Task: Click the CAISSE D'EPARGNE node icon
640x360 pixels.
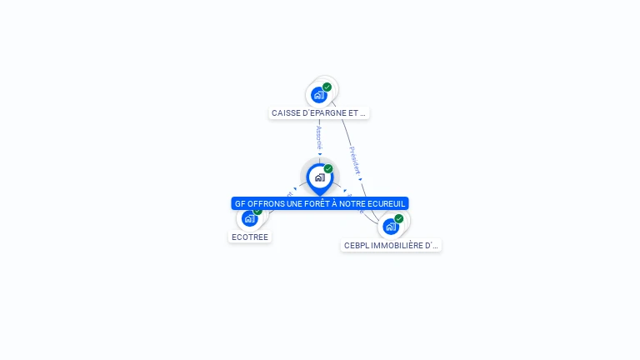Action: (318, 95)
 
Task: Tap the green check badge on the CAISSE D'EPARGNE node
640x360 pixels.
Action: (327, 87)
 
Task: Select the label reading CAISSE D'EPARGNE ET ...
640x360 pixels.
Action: (319, 112)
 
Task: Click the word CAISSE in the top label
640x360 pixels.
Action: (285, 112)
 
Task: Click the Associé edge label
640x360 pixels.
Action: (319, 137)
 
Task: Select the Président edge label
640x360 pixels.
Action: (354, 160)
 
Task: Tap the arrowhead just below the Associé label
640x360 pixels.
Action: (319, 154)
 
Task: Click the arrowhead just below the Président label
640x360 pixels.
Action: (360, 178)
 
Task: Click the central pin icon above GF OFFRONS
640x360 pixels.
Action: (319, 177)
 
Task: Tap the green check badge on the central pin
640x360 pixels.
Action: (328, 168)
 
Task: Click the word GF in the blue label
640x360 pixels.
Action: (240, 203)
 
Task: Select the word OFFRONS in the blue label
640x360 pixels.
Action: (266, 203)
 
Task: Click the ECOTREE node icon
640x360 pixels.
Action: (249, 219)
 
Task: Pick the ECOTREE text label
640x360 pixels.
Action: (250, 237)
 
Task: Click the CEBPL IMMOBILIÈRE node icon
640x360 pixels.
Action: (390, 226)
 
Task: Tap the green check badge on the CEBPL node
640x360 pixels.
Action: (399, 218)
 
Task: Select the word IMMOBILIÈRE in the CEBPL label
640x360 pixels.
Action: (397, 246)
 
